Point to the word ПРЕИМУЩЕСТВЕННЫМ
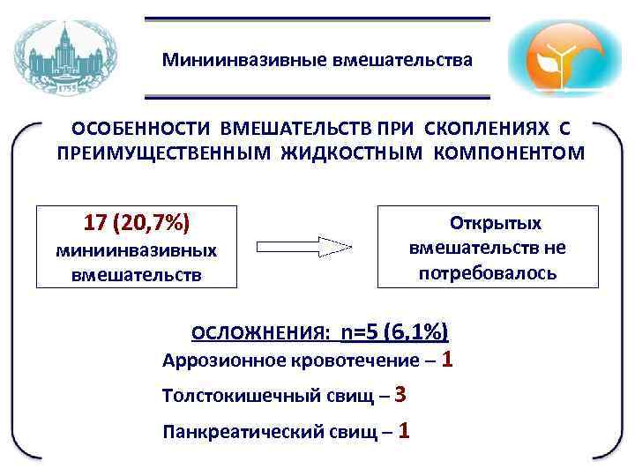(165, 152)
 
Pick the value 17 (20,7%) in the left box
(137, 220)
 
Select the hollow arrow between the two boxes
(303, 246)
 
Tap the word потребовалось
(488, 272)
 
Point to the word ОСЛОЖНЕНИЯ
(260, 333)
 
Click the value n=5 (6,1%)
(394, 331)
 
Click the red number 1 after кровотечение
(448, 359)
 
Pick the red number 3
(400, 394)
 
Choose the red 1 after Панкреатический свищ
(403, 430)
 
